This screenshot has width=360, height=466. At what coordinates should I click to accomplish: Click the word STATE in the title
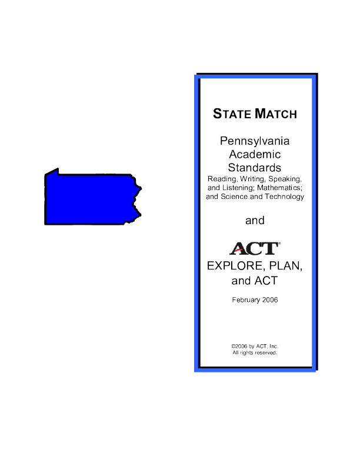[232, 114]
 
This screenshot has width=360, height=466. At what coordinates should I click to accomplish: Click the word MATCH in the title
[276, 114]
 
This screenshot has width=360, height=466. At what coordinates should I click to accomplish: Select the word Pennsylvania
[255, 141]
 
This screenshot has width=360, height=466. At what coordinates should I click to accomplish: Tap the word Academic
[255, 154]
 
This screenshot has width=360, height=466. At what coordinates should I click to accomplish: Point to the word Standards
[255, 168]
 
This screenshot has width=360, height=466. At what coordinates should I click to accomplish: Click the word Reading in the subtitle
[222, 179]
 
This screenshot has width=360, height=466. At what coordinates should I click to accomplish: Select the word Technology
[285, 197]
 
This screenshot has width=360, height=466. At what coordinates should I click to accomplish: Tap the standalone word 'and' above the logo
[255, 221]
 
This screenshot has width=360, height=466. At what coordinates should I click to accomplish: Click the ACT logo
[255, 248]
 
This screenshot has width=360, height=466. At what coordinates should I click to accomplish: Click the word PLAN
[286, 266]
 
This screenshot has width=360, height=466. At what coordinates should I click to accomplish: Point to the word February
[246, 300]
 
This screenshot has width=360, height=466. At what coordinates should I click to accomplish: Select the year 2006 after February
[270, 300]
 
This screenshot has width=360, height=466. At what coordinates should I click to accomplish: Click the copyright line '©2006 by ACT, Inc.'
[255, 346]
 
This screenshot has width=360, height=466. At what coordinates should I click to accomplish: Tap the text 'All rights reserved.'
[255, 353]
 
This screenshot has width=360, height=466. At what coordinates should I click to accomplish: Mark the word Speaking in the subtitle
[285, 179]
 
